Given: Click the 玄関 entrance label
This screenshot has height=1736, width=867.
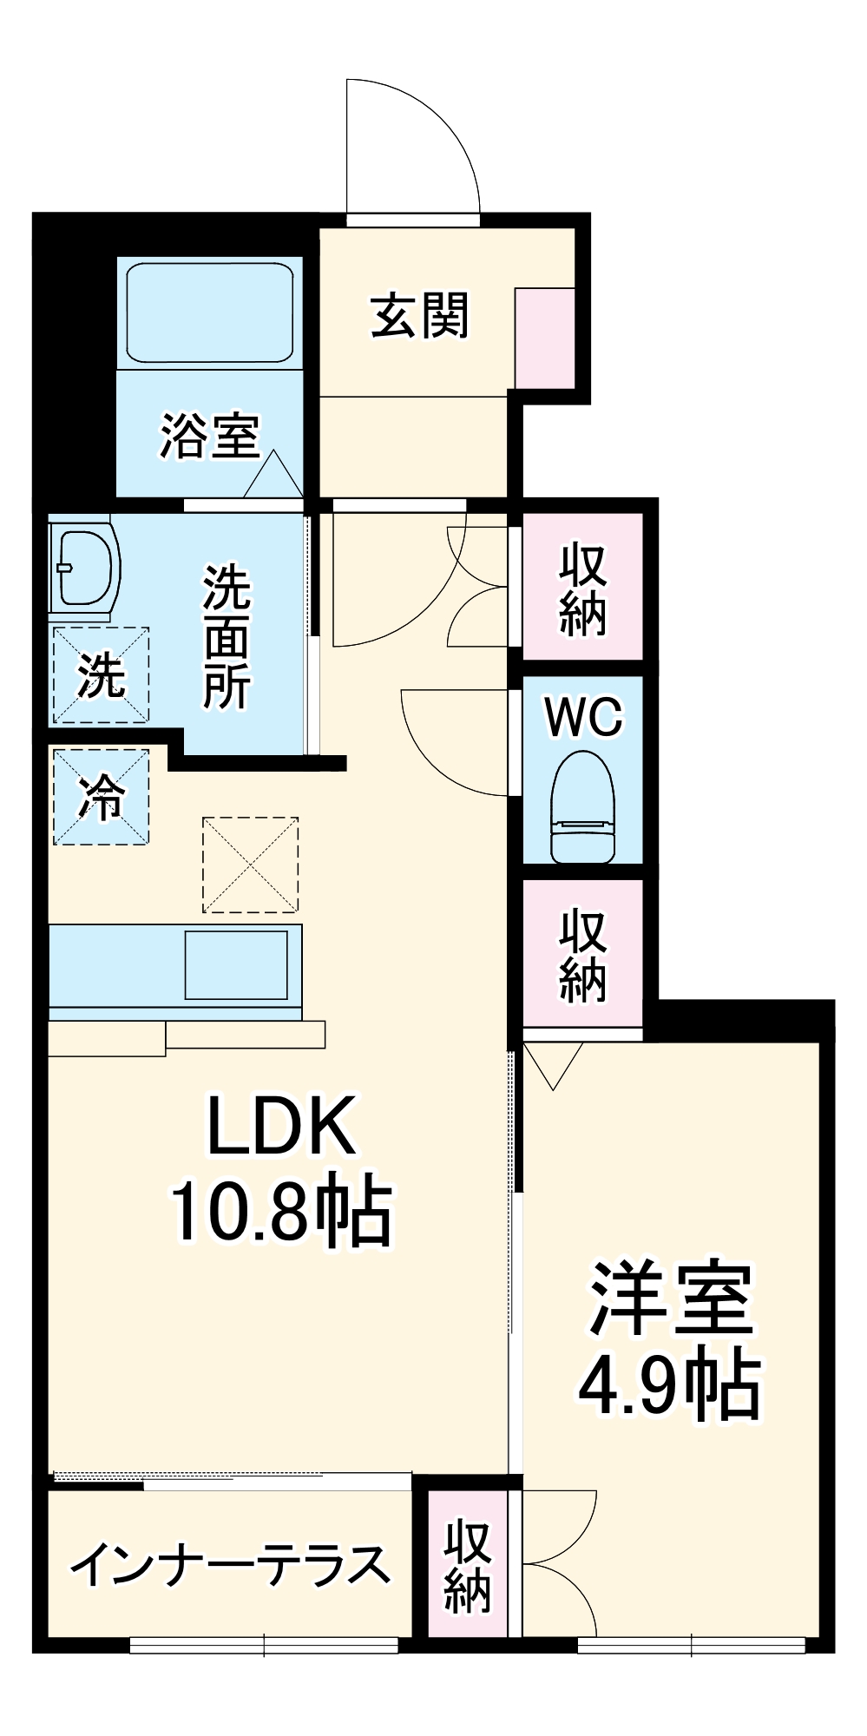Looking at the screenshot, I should (x=420, y=316).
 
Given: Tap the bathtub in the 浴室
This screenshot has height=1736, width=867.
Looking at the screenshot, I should (x=210, y=312).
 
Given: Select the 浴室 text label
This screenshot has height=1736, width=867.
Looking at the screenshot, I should (x=210, y=436).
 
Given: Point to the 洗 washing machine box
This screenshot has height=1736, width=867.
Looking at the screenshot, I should (x=101, y=675).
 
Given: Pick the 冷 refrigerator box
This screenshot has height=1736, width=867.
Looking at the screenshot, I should (x=101, y=797).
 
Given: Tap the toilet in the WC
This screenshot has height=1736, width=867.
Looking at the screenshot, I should (x=582, y=807).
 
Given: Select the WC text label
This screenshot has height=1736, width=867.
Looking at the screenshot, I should (x=583, y=717).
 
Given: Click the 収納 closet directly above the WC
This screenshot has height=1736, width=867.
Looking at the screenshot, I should (x=582, y=589).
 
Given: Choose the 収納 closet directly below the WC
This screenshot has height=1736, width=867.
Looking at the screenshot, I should (x=582, y=955).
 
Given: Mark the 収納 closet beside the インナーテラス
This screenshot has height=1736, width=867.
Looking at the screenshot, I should (x=468, y=1567).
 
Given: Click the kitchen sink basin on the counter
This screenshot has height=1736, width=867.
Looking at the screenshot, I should (x=236, y=965).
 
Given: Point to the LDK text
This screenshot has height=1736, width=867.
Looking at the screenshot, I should (x=282, y=1126).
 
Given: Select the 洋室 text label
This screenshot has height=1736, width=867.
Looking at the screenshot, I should (x=671, y=1299).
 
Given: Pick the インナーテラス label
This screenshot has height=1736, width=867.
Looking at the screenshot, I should (x=230, y=1565).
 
